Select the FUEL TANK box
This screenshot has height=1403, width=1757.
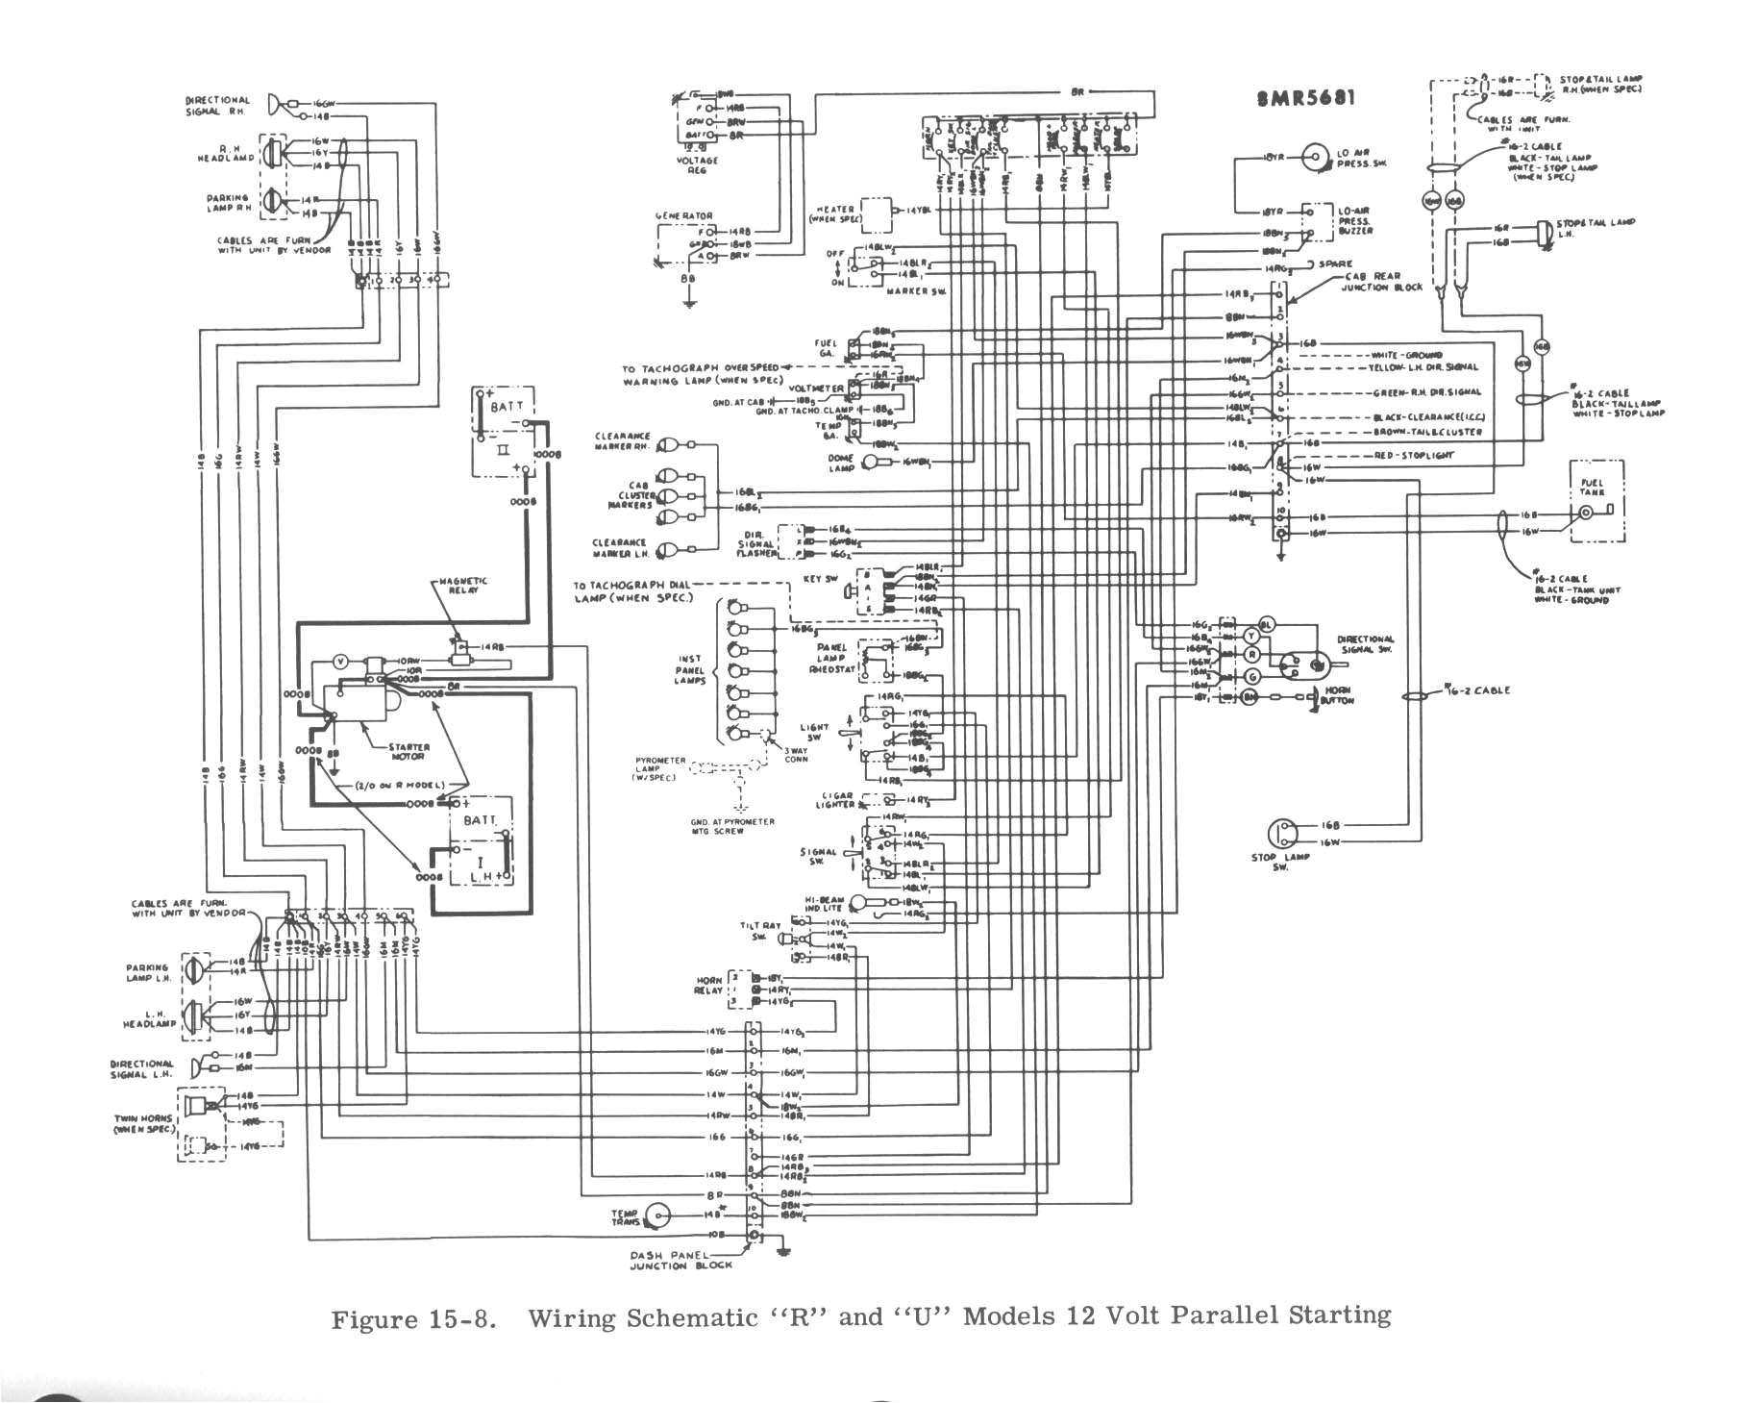click(x=1596, y=500)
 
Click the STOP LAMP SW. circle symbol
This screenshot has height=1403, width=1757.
click(x=1283, y=834)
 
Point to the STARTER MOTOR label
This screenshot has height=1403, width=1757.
click(x=408, y=751)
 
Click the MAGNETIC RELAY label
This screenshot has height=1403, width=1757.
click(x=462, y=585)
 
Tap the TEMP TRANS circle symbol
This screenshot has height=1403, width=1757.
click(x=657, y=1215)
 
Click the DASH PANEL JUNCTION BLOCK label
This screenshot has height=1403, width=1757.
click(x=681, y=1261)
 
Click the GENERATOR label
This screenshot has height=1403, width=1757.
click(x=683, y=216)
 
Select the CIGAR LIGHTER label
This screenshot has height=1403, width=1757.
click(x=835, y=800)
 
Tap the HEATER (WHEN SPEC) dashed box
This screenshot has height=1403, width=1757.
click(x=876, y=213)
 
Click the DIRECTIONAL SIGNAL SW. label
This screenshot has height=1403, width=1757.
click(x=1365, y=644)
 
